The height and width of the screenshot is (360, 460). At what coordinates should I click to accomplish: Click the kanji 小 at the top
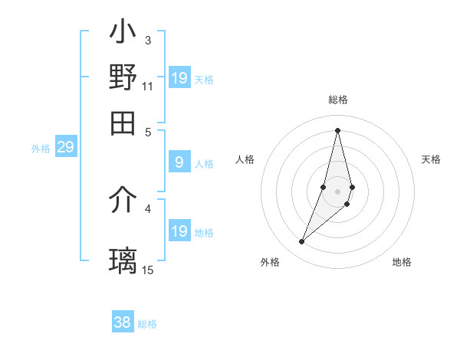(x=123, y=34)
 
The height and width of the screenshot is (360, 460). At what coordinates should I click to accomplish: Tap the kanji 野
(x=123, y=78)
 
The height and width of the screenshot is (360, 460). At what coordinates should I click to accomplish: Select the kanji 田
(x=123, y=123)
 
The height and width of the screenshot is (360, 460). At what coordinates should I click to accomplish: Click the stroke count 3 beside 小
(x=147, y=40)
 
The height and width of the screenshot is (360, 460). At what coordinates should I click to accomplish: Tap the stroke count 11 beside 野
(x=148, y=86)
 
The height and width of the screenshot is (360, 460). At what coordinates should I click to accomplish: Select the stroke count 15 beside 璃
(x=148, y=270)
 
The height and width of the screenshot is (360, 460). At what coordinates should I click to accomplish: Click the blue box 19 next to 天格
(x=179, y=78)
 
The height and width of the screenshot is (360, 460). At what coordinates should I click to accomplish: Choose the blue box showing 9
(x=179, y=162)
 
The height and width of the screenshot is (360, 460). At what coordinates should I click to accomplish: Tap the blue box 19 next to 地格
(x=179, y=231)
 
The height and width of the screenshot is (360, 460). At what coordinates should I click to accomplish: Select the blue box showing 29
(x=65, y=147)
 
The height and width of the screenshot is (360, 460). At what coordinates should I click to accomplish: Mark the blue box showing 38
(x=123, y=322)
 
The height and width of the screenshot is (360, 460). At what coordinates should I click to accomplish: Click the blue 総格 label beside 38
(x=147, y=324)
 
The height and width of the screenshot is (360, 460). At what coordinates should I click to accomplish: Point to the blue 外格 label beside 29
(x=41, y=149)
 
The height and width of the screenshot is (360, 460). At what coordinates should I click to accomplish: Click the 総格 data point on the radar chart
(x=337, y=129)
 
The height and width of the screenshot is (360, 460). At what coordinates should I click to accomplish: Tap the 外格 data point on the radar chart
(x=301, y=242)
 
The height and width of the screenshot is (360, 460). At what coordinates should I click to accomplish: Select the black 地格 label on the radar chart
(x=402, y=263)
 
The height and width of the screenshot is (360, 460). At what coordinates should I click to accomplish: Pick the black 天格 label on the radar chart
(x=431, y=159)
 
